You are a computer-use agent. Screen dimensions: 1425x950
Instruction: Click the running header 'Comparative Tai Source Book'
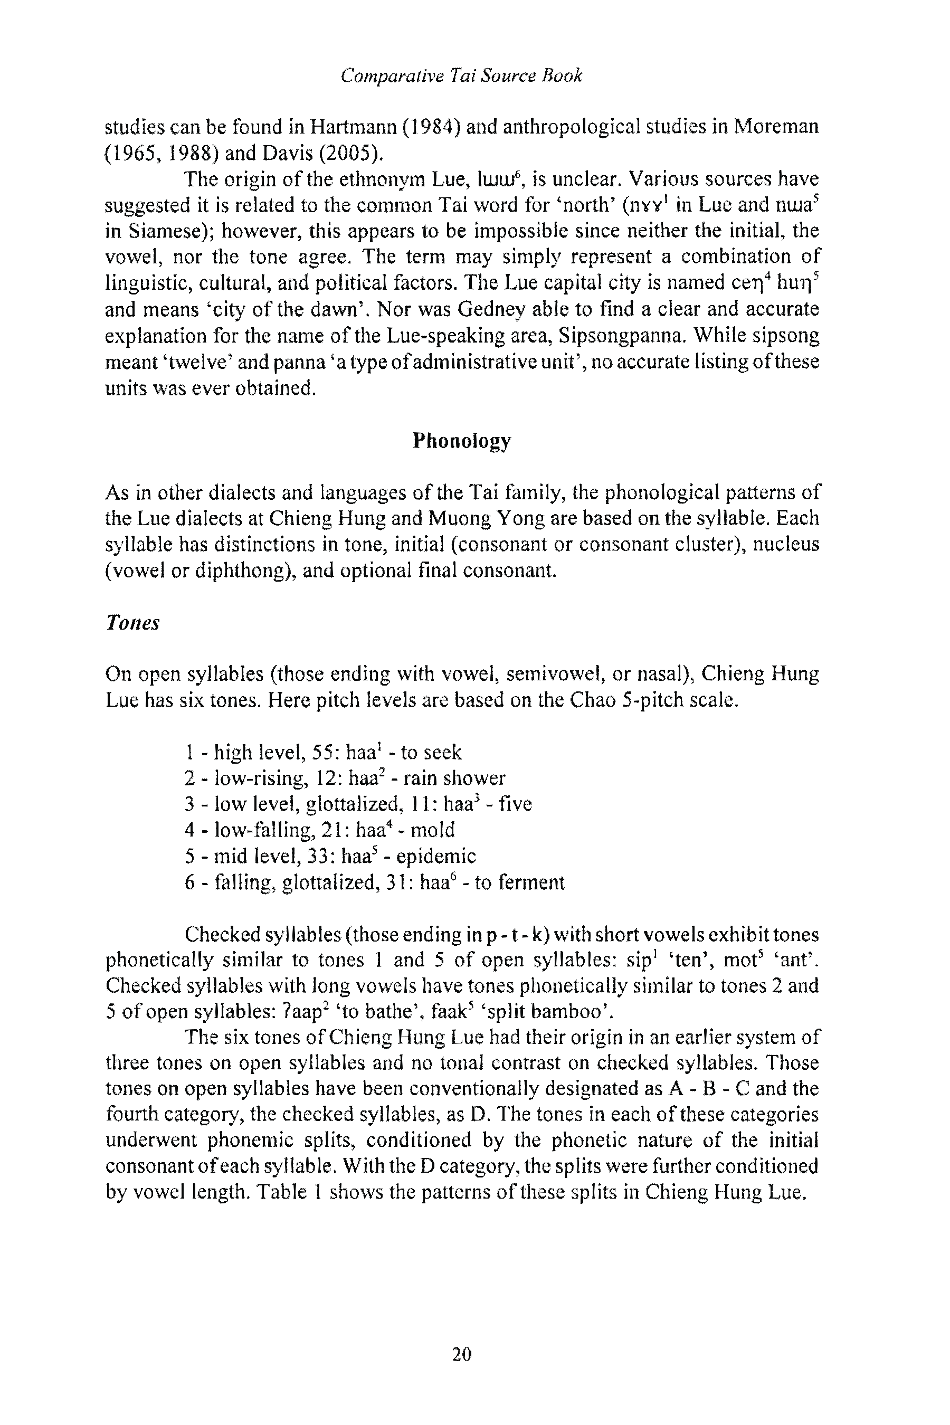[461, 75]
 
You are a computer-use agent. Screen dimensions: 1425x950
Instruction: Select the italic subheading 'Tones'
[132, 623]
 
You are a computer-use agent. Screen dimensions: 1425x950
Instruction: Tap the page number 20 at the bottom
[462, 1354]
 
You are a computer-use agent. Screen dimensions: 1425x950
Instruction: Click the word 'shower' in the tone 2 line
[474, 778]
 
